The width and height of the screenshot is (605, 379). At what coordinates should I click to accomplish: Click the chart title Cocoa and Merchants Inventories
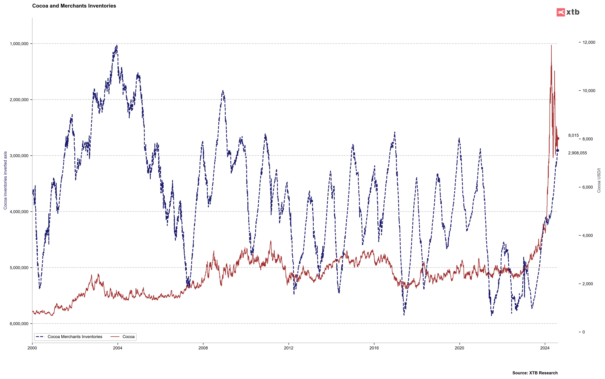74,6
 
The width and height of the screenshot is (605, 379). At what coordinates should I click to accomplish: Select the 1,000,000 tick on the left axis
19,44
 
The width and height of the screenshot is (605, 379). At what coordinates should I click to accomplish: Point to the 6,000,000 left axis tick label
19,324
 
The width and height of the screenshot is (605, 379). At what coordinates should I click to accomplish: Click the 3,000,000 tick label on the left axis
19,156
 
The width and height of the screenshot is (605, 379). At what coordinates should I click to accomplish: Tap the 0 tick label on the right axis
583,332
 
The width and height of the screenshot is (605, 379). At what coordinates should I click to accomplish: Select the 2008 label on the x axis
203,348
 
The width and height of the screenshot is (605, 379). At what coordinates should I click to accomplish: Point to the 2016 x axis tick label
374,348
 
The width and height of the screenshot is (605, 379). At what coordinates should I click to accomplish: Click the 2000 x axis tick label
32,348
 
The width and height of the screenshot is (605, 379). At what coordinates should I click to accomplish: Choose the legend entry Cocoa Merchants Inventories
75,337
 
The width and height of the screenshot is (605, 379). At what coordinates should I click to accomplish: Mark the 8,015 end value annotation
573,135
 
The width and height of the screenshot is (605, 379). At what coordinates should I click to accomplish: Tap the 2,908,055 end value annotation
577,153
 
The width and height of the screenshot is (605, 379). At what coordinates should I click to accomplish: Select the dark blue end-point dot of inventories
557,150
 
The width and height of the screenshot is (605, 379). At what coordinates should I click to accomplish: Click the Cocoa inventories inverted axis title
5,180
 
